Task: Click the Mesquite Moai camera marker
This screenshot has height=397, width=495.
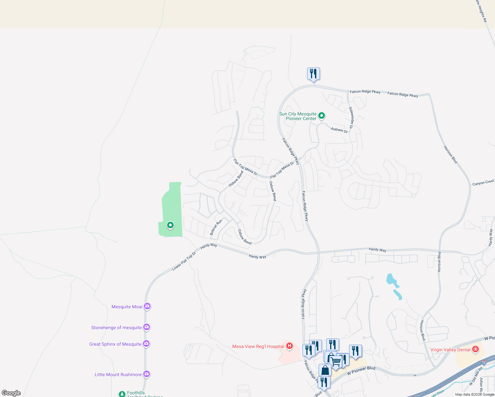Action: point(147,306)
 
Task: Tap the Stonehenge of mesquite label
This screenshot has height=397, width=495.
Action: point(116,328)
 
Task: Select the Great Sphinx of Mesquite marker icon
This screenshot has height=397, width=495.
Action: point(146,344)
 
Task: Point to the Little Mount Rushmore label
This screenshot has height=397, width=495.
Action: point(118,375)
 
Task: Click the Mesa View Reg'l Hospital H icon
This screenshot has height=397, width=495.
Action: point(289,346)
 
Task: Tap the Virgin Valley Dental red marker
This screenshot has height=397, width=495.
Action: point(475,349)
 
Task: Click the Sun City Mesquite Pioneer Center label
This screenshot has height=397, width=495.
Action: point(298,116)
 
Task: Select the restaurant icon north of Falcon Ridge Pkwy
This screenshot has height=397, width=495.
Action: point(313,74)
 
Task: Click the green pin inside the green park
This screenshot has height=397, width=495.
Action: point(170,225)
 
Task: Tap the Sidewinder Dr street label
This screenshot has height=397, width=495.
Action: point(351,117)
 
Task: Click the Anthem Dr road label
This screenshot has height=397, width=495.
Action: point(339,130)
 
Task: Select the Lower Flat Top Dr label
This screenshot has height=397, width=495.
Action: point(184,261)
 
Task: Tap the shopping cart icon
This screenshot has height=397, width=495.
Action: point(336,361)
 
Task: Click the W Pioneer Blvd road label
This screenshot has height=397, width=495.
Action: point(361,371)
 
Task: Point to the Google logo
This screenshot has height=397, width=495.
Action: point(11,393)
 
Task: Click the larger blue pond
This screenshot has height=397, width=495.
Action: point(392,280)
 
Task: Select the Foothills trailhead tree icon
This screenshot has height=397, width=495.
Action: point(122,394)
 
